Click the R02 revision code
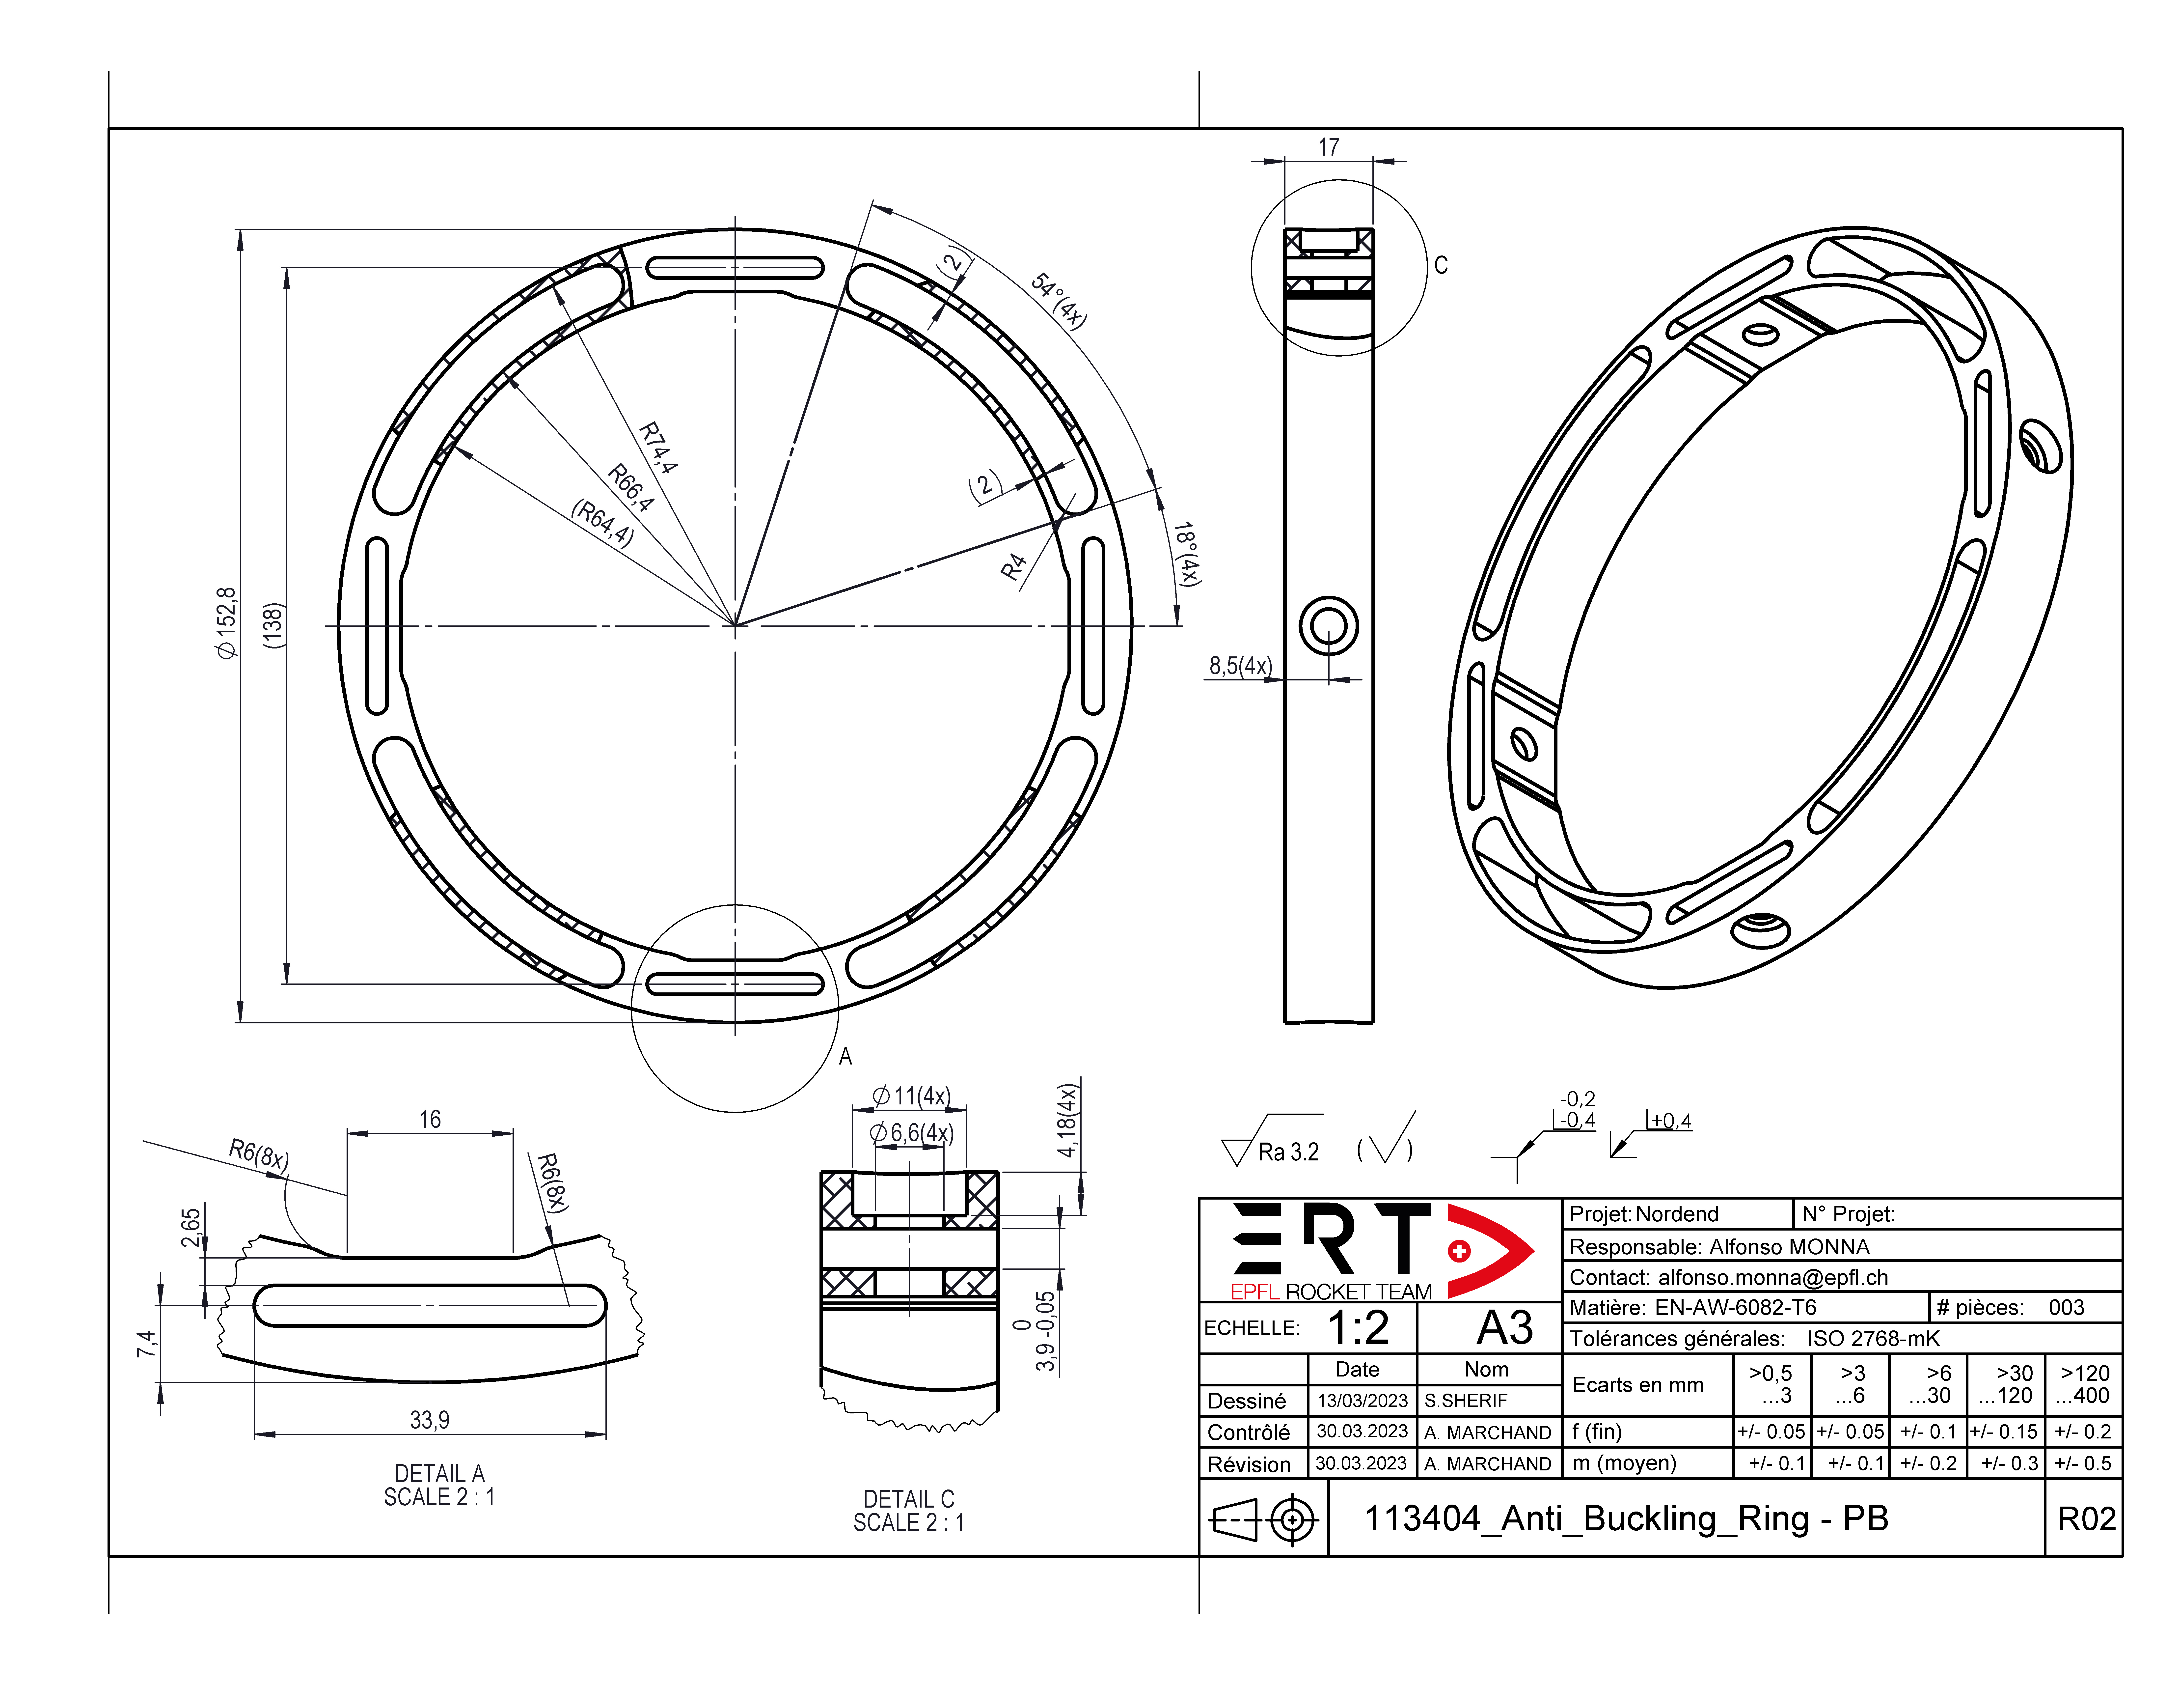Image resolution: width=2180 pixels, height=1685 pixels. [x=2086, y=1518]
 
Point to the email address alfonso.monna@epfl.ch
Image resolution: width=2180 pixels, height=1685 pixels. [x=1773, y=1277]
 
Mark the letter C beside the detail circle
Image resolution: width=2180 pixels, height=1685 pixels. [x=1440, y=266]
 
